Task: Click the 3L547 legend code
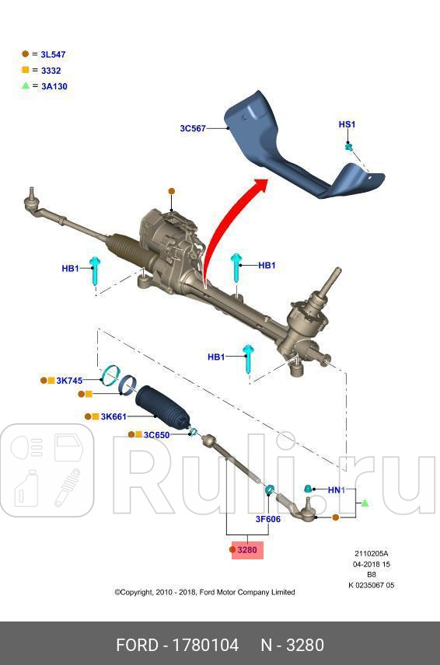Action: [x=53, y=54]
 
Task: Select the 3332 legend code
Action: [x=51, y=71]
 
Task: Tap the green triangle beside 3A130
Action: [x=26, y=85]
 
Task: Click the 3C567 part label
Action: [x=192, y=128]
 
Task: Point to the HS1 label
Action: [x=346, y=124]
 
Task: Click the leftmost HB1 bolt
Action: [x=96, y=270]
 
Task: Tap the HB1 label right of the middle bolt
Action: [x=266, y=266]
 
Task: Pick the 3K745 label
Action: [x=69, y=381]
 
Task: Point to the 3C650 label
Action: [x=156, y=435]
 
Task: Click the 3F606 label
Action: [x=267, y=519]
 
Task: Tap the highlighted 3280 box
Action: [x=246, y=550]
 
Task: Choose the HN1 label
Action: [x=335, y=490]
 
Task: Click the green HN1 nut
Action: [x=308, y=489]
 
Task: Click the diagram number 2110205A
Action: [x=372, y=554]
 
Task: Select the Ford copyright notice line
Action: [x=204, y=592]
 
